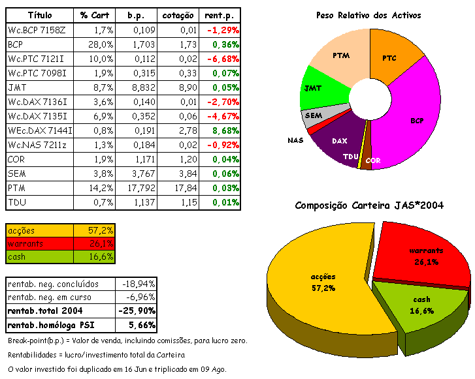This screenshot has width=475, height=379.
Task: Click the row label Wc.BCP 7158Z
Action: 38,30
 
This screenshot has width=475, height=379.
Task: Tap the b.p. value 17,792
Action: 135,188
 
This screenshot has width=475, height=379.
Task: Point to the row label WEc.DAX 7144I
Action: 40,130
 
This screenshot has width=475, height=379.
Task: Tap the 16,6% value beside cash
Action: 101,256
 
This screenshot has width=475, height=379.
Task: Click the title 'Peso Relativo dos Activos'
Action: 369,15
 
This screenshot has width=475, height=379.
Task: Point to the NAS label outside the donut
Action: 295,140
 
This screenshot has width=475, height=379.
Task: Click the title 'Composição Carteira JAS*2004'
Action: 369,205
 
